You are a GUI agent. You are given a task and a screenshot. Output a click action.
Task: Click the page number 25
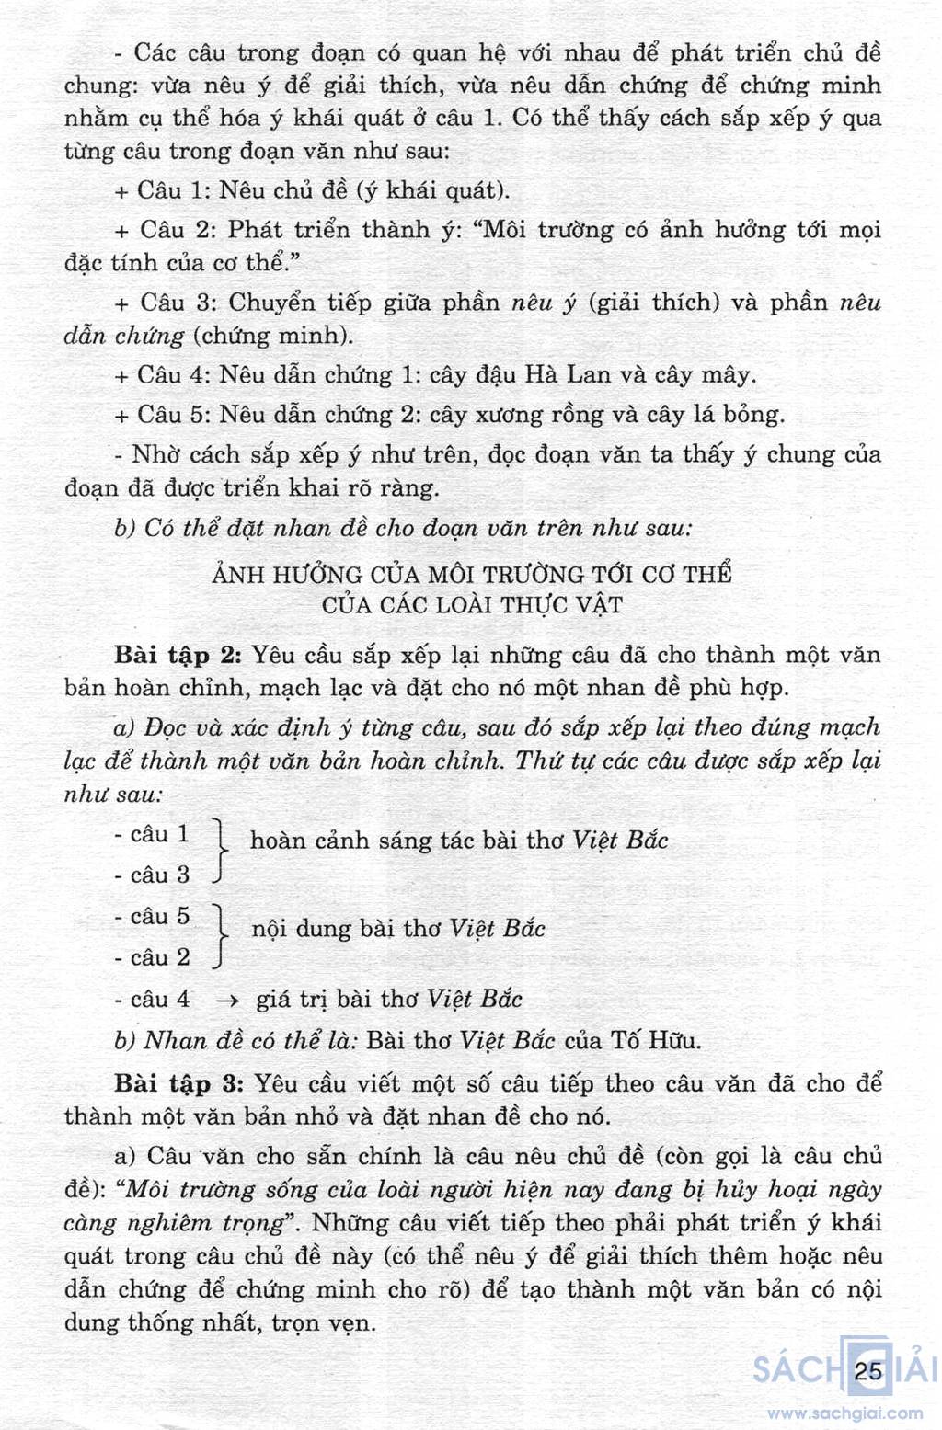coord(867,1371)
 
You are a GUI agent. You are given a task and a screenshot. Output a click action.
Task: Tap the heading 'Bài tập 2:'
coord(178,655)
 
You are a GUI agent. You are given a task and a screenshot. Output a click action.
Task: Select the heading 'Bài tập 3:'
coord(178,1083)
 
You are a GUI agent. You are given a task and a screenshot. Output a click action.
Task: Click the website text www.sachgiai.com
coord(844,1413)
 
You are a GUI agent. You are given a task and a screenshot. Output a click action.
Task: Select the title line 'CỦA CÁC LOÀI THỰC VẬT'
coord(472,605)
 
